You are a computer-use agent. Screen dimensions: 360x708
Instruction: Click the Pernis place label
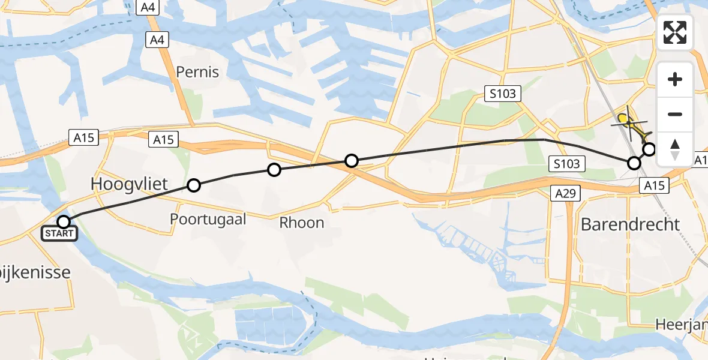(197, 73)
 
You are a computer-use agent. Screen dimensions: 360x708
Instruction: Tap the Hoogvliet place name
(129, 184)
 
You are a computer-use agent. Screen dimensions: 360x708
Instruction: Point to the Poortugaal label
(208, 219)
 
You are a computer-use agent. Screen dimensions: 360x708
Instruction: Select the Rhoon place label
(302, 223)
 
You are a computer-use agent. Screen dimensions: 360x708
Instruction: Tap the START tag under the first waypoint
(59, 233)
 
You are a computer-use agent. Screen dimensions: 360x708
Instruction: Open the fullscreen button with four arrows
(675, 32)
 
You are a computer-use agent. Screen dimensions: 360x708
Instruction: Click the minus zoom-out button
(675, 115)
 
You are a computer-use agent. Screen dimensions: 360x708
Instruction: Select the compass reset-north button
(675, 149)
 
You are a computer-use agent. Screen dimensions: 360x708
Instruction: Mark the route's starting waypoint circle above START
(63, 221)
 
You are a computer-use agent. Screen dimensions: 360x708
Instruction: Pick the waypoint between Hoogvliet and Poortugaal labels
(194, 185)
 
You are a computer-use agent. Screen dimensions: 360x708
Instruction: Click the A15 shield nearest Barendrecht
(653, 187)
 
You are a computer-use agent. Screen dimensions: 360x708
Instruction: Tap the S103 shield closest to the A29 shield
(566, 163)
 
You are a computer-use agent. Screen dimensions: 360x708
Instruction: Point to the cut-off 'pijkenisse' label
(35, 272)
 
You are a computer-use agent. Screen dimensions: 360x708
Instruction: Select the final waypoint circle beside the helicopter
(649, 149)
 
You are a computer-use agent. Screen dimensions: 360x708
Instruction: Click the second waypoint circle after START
(274, 170)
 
